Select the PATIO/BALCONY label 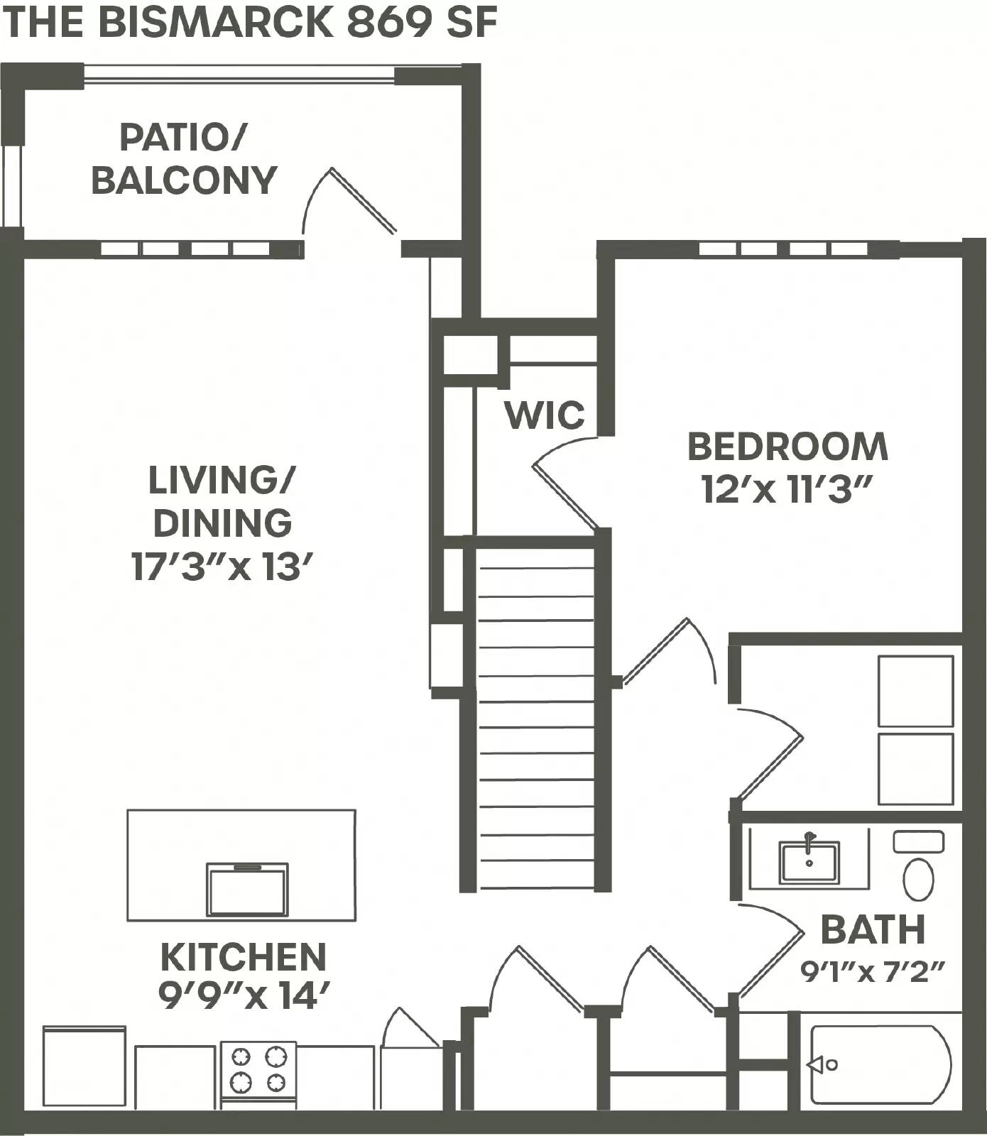pos(183,159)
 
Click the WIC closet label pos(545,415)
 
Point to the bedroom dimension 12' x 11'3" pos(787,489)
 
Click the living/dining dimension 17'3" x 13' pos(222,567)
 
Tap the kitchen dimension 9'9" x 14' pos(244,997)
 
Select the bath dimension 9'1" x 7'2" pos(873,971)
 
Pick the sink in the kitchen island pos(247,890)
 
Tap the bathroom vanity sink pos(809,861)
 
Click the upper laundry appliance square pos(915,691)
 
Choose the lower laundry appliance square pos(915,769)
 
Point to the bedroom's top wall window pos(783,249)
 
